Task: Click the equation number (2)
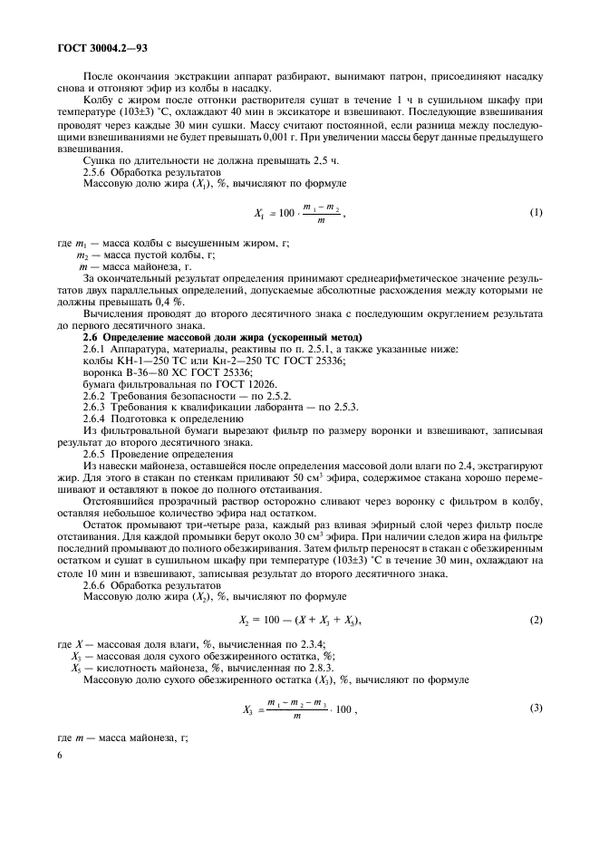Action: pos(535,620)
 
